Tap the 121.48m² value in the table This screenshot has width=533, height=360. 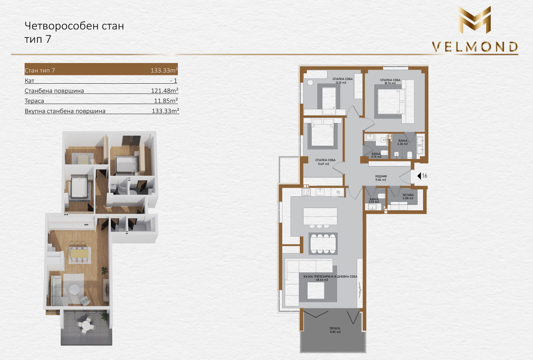pos(165,90)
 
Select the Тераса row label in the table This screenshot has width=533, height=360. pos(34,101)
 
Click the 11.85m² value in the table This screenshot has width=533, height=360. pos(166,101)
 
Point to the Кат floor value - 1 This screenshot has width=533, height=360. pos(174,81)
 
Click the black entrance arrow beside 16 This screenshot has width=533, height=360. pos(419,176)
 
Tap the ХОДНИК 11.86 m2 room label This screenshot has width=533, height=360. pos(381,178)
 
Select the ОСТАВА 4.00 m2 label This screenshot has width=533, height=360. pos(408,196)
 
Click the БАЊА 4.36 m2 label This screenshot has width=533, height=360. pos(403,142)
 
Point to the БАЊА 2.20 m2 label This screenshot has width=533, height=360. pos(374,200)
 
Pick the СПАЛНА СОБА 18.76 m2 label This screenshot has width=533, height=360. pos(390,81)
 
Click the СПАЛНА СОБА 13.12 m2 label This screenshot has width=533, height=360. pos(342,81)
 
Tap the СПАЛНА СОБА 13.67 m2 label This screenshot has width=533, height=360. pos(325,162)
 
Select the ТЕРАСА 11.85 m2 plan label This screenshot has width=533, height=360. pos(335,330)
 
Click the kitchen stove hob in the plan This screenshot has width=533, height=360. pos(306,192)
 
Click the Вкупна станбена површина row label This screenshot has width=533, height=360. pos(65,111)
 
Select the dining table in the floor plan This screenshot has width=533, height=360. pos(323,243)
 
